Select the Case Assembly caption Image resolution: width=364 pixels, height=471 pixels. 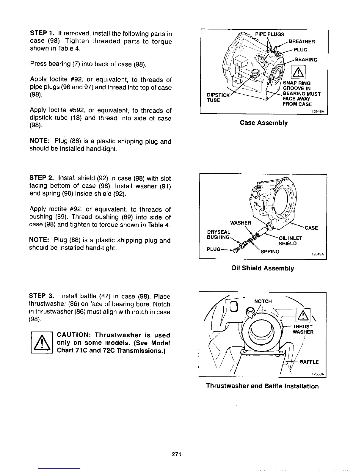pyautogui.click(x=264, y=123)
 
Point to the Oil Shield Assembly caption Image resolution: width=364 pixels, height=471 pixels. pyautogui.click(x=263, y=269)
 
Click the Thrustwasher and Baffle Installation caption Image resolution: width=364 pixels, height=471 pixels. pyautogui.click(x=263, y=386)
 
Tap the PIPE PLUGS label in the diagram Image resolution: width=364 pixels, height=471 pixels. pyautogui.click(x=270, y=34)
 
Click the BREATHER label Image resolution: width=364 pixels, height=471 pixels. pyautogui.click(x=302, y=42)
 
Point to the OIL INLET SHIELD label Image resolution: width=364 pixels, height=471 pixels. pyautogui.click(x=290, y=241)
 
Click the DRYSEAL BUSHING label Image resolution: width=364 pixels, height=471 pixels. pyautogui.click(x=218, y=235)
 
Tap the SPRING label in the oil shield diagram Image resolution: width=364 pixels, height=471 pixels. pyautogui.click(x=270, y=252)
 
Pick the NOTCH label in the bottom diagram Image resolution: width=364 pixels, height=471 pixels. pyautogui.click(x=263, y=301)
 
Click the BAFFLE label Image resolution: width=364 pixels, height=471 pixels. pyautogui.click(x=309, y=362)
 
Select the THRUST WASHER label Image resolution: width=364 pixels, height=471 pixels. pyautogui.click(x=303, y=329)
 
